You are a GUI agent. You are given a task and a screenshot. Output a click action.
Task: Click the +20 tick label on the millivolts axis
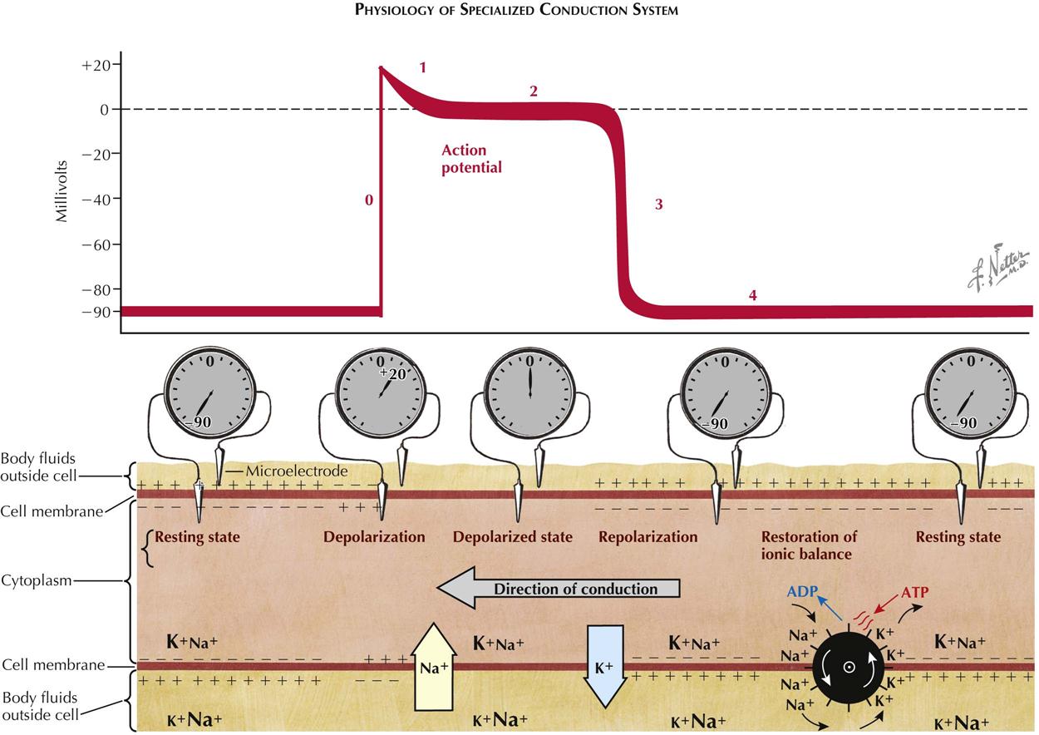point(96,65)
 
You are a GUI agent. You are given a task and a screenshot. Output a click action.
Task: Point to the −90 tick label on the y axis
point(96,312)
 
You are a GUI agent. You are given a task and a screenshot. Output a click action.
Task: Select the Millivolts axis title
point(62,198)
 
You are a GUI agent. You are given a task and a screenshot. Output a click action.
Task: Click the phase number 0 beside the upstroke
point(369,200)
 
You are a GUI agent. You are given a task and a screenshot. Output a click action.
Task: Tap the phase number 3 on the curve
point(658,204)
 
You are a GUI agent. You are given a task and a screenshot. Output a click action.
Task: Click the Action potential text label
point(471,159)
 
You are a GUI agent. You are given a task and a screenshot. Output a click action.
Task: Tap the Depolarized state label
point(512,537)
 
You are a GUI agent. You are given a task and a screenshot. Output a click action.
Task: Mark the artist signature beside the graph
point(997,272)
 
